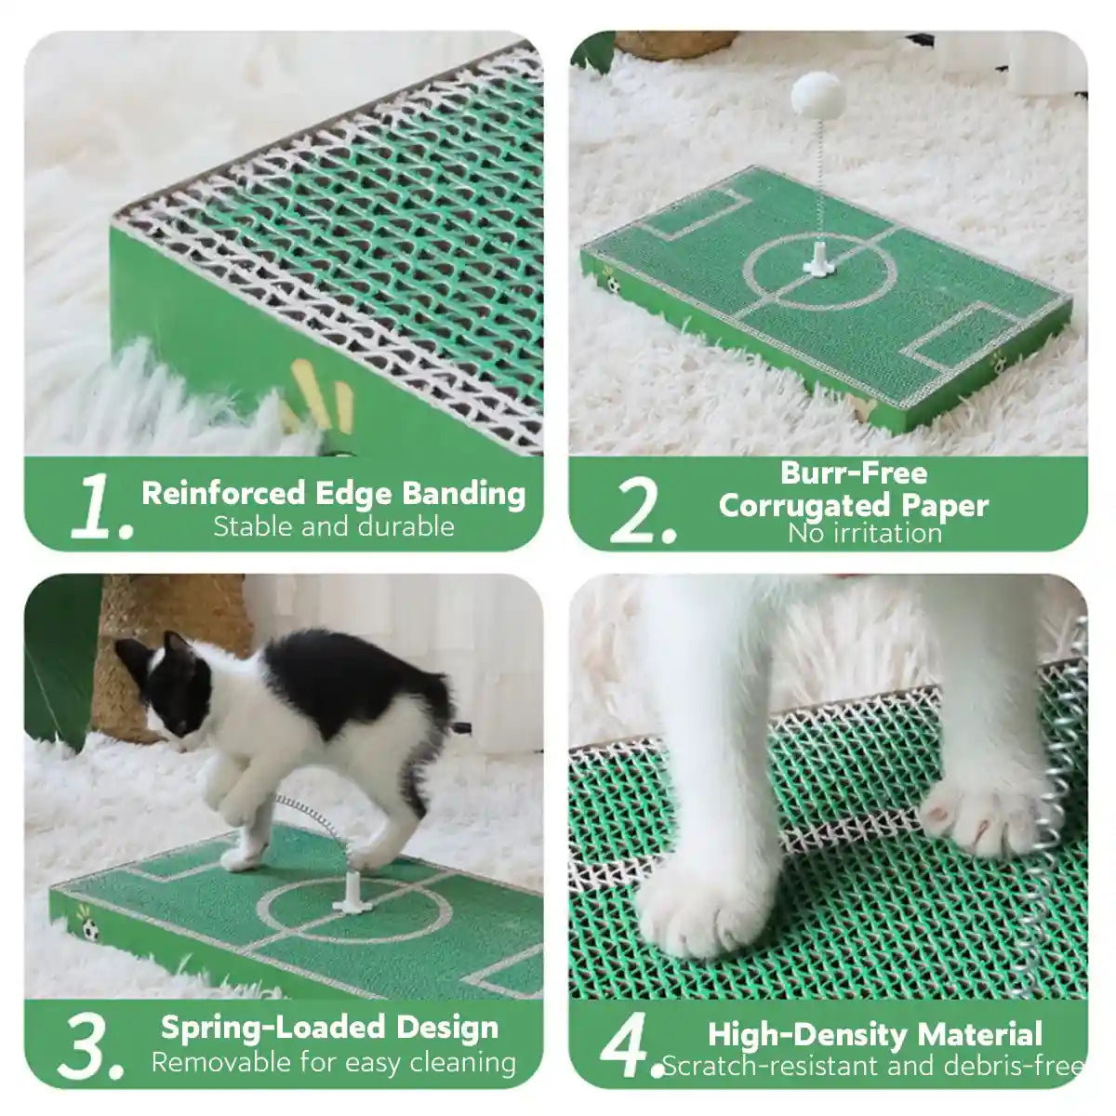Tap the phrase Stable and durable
(333, 527)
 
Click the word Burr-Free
(853, 472)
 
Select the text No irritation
(864, 533)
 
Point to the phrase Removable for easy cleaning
(333, 1062)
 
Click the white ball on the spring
(816, 93)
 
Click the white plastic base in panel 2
(817, 260)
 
